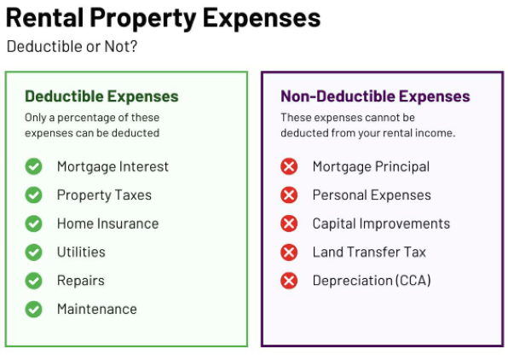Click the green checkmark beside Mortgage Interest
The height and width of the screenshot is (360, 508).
pos(34,166)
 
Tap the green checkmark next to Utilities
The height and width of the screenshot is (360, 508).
pos(34,252)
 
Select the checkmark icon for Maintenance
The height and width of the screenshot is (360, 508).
pos(34,309)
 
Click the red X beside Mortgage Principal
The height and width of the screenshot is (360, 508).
pos(289,166)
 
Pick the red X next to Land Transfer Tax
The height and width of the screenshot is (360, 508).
pos(289,252)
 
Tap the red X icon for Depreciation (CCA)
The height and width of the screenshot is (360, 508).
pos(289,281)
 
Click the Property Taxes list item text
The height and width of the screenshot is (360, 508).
pos(104,195)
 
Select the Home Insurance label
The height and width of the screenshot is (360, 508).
pos(108,224)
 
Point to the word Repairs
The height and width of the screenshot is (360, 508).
pos(81,282)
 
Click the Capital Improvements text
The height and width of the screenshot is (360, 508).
pos(381,224)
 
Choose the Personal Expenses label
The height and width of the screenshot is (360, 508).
pos(372,195)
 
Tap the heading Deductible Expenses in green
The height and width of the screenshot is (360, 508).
pos(101,96)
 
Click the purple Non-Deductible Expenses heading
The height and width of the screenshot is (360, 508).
pos(376,96)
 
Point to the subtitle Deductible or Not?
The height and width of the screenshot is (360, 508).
pos(72,46)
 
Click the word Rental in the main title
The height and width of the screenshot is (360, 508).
pos(44,18)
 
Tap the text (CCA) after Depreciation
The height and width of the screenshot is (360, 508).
pos(413,281)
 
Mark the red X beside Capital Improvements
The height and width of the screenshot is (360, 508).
pos(289,224)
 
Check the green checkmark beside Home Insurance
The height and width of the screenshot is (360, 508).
pos(34,224)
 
